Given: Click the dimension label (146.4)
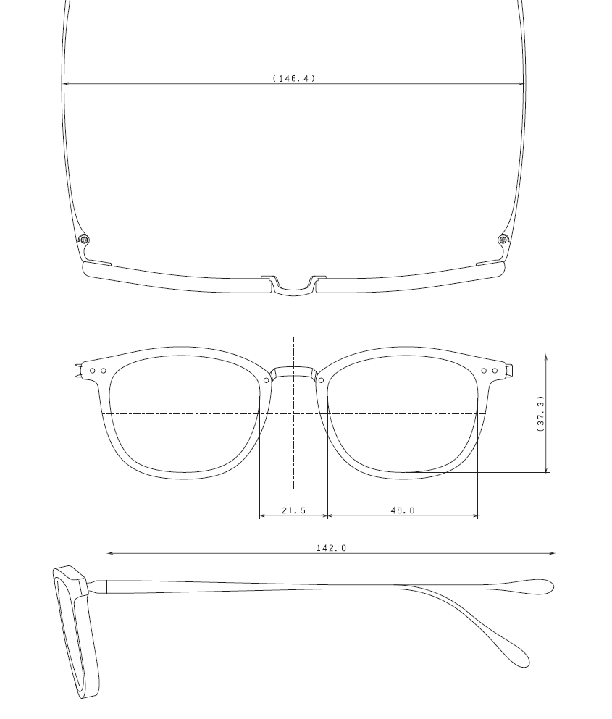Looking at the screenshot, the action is pyautogui.click(x=294, y=77).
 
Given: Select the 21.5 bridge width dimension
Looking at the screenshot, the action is pyautogui.click(x=293, y=510).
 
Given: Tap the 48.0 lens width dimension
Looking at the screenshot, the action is pyautogui.click(x=403, y=510).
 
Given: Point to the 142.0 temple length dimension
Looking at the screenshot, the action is pyautogui.click(x=331, y=548).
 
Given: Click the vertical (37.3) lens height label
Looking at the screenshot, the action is pyautogui.click(x=540, y=414).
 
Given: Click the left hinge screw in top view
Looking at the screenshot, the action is pyautogui.click(x=84, y=240).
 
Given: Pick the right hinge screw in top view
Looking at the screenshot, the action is pyautogui.click(x=503, y=240).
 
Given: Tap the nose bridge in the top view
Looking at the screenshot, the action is pyautogui.click(x=293, y=287).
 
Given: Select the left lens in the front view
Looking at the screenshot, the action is pyautogui.click(x=184, y=416).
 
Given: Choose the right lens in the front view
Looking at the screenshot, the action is pyautogui.click(x=403, y=416).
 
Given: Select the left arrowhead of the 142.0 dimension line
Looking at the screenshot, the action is pyautogui.click(x=109, y=554).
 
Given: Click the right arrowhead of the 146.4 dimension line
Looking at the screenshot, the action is pyautogui.click(x=521, y=84).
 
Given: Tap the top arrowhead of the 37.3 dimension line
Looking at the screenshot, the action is pyautogui.click(x=547, y=358).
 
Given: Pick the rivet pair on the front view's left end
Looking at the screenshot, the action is pyautogui.click(x=98, y=371).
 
